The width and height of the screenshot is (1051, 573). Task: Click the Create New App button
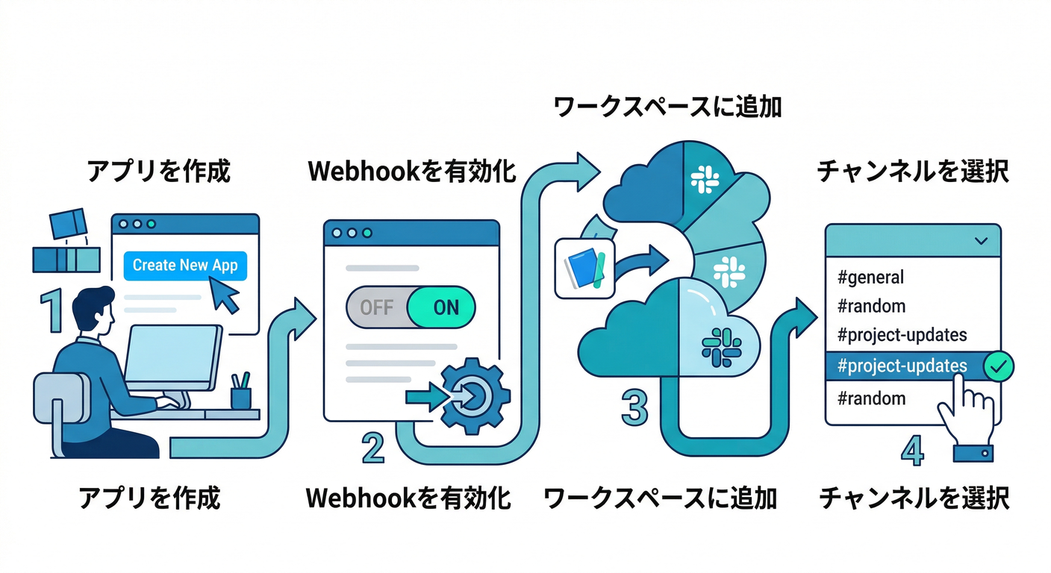184,265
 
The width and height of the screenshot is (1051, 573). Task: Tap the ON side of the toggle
446,307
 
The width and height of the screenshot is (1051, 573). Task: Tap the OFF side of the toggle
376,307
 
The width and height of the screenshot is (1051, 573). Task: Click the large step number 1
51,311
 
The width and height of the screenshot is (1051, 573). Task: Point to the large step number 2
372,449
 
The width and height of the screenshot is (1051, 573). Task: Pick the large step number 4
911,449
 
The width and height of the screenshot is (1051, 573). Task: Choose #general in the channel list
870,278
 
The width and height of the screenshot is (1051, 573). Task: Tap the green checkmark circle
997,366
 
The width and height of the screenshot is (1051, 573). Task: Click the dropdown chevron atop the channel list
982,241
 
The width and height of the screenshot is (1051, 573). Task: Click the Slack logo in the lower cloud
722,348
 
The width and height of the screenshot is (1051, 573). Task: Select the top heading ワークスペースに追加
667,106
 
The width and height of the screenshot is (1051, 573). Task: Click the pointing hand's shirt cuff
973,451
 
